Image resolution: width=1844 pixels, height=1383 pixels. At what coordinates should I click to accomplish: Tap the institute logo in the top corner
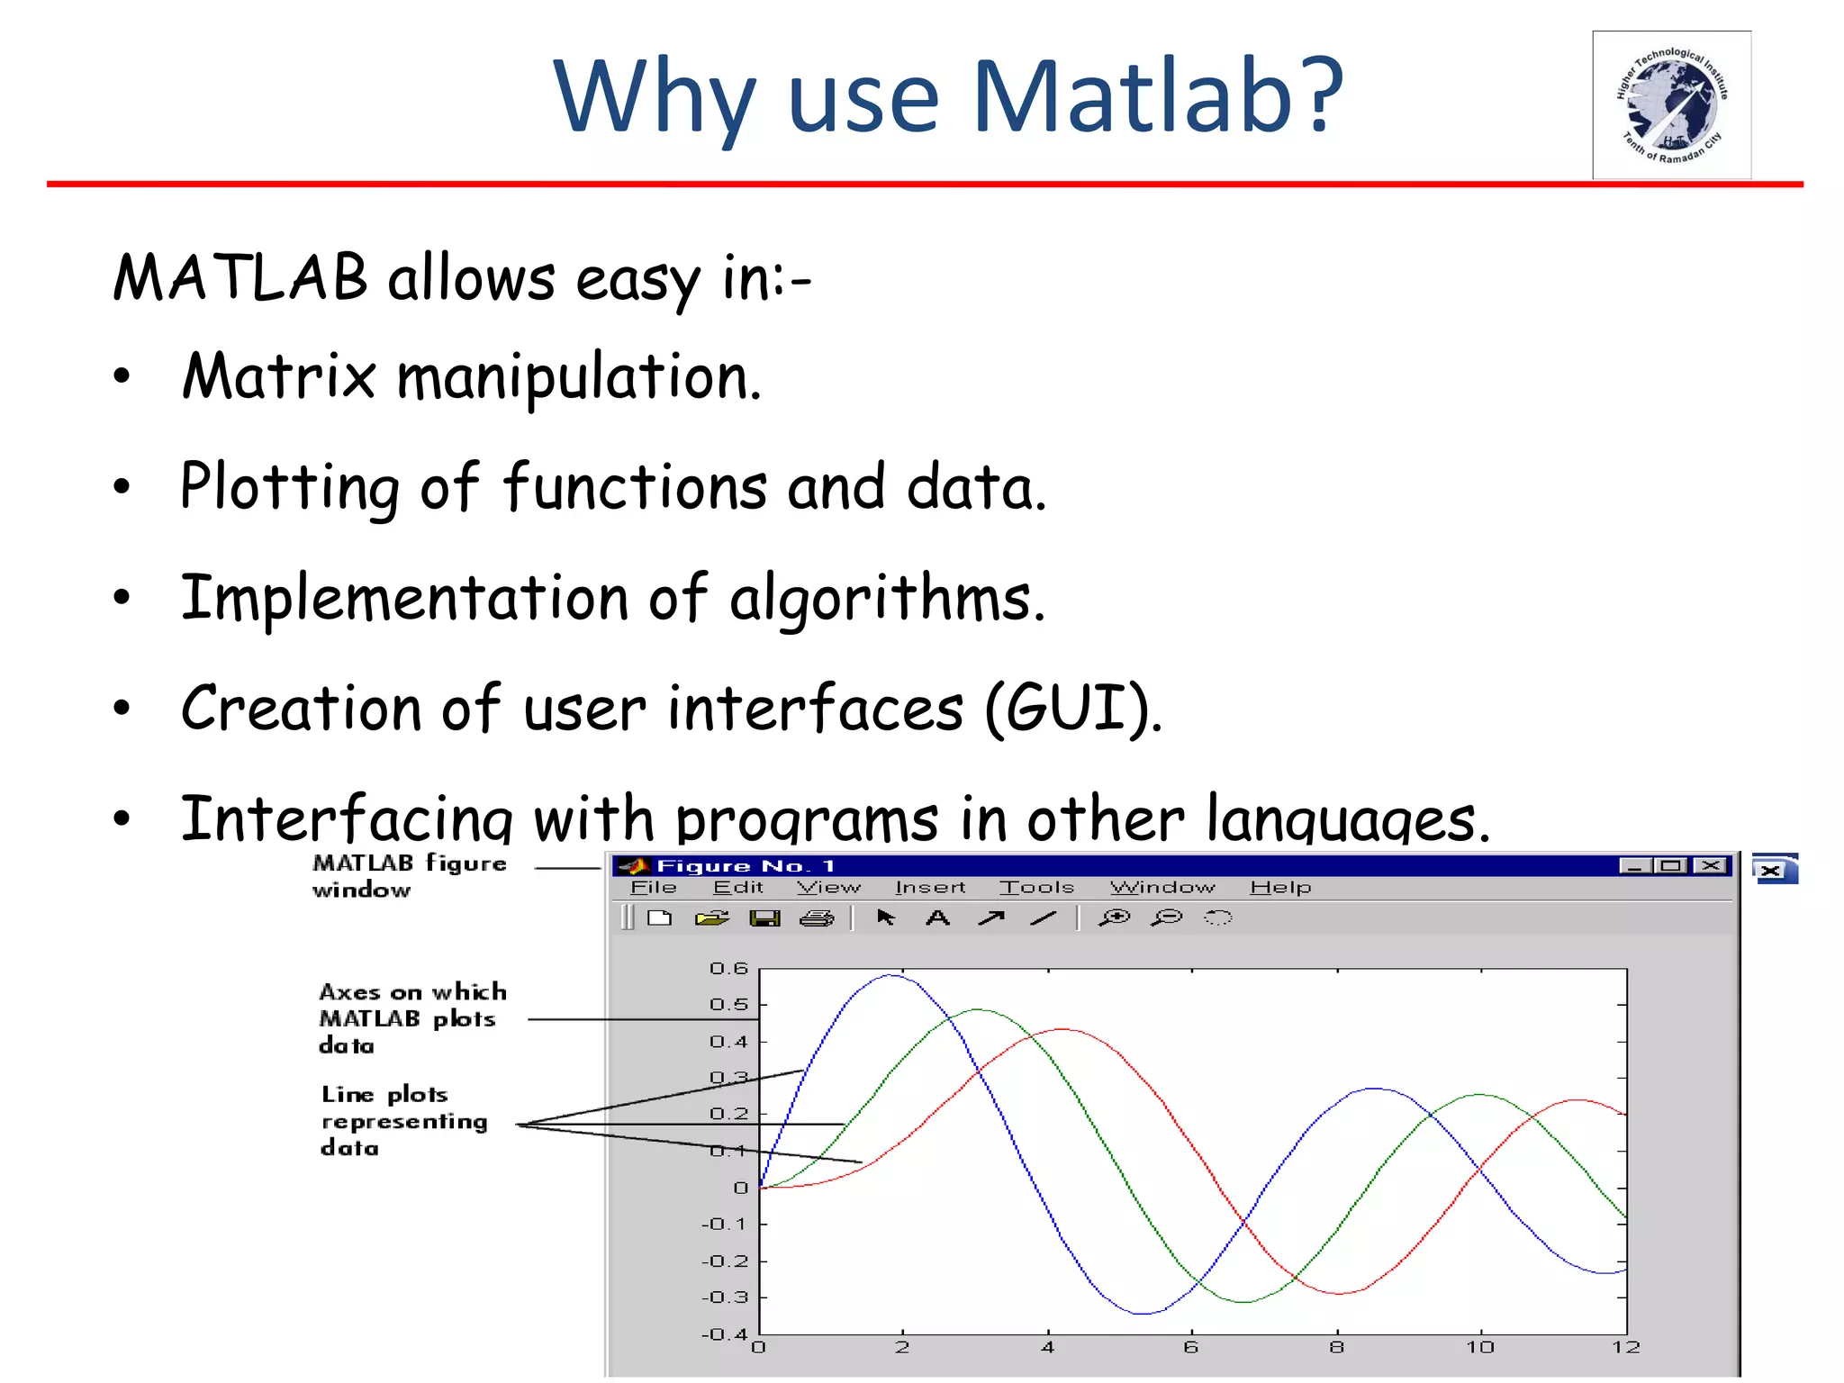click(x=1671, y=105)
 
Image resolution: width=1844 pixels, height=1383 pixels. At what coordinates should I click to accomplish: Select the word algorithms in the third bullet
click(x=887, y=599)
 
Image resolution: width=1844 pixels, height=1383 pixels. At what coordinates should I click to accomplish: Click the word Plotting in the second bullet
click(x=289, y=487)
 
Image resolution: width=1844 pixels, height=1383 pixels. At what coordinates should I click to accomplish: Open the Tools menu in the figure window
click(x=1036, y=888)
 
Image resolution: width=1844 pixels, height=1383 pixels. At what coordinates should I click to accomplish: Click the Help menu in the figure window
click(x=1279, y=888)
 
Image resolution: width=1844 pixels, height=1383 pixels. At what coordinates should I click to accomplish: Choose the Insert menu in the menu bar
click(x=930, y=888)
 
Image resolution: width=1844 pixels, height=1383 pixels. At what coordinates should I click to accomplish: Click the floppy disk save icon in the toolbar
click(x=764, y=918)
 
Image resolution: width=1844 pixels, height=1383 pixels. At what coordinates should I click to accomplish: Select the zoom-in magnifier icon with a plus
click(x=1115, y=918)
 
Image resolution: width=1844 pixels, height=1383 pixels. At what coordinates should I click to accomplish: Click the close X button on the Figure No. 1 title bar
click(x=1710, y=866)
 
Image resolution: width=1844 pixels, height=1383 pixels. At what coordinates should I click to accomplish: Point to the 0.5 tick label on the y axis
click(x=728, y=1005)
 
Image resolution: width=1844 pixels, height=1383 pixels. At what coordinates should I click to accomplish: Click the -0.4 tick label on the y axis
click(x=725, y=1334)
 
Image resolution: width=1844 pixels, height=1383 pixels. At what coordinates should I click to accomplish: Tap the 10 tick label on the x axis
click(x=1480, y=1348)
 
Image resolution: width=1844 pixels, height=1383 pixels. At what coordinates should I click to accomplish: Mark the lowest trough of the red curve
click(x=1340, y=1294)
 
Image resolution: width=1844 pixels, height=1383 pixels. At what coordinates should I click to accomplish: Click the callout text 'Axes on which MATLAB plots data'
click(x=411, y=1018)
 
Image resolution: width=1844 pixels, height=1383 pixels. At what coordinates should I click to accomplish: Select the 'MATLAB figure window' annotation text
click(x=409, y=876)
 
